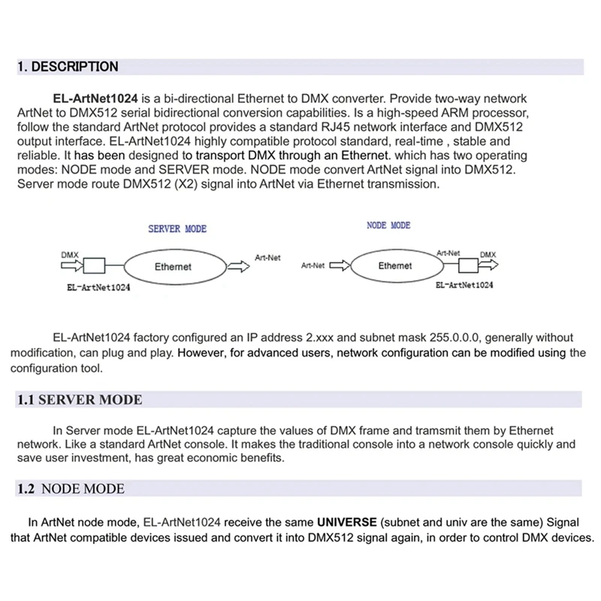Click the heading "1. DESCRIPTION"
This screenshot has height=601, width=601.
click(x=68, y=67)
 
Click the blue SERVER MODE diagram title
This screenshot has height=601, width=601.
click(x=177, y=228)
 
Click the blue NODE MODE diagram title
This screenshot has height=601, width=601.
click(x=388, y=225)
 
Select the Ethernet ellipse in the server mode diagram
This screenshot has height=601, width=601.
click(x=173, y=267)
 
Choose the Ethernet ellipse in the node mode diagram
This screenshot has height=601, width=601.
click(x=395, y=266)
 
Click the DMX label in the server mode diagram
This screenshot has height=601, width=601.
click(x=69, y=255)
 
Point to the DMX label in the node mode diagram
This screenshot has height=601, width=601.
click(x=488, y=255)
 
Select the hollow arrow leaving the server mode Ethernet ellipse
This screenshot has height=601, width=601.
click(x=240, y=267)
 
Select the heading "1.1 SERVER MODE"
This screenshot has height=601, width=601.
click(x=80, y=400)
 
